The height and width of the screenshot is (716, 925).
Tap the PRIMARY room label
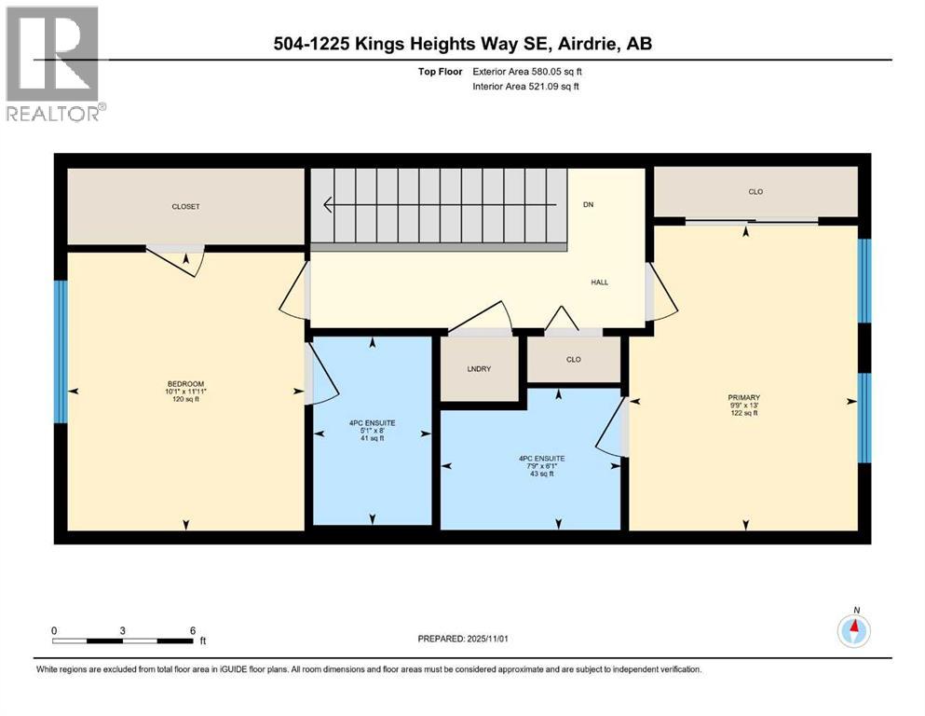(743, 397)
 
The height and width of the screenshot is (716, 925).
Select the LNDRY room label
(478, 369)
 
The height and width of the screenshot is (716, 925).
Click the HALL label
(599, 282)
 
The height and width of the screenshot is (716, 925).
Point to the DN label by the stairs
(588, 204)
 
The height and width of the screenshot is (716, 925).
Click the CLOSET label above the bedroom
(185, 207)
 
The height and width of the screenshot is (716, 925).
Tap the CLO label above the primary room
(755, 192)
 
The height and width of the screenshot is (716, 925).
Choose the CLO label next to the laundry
(573, 359)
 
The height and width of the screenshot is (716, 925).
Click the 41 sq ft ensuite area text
(372, 438)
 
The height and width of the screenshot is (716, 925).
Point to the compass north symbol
(853, 630)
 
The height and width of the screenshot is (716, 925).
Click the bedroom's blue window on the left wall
(61, 351)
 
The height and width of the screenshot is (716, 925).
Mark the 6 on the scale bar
(192, 630)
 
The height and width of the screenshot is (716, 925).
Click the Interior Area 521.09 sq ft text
(527, 87)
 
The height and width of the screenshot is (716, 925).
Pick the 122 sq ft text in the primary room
(743, 413)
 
